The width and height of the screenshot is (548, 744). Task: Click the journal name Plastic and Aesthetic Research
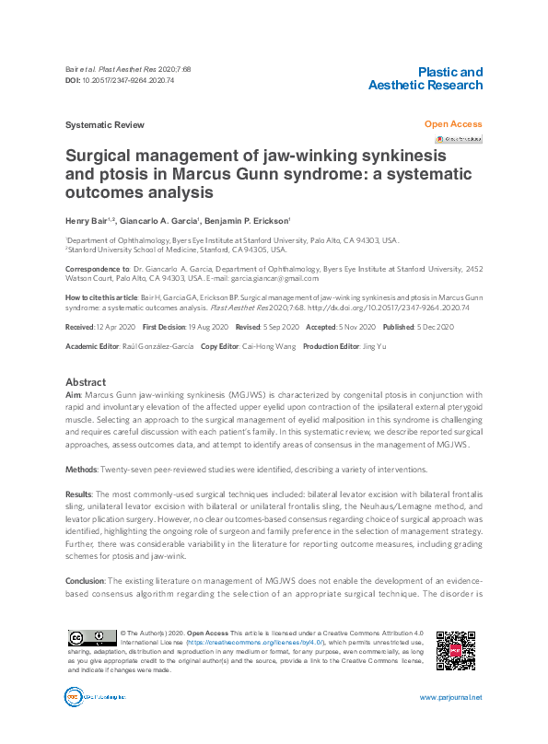pos(425,78)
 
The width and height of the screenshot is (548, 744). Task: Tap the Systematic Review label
pos(104,125)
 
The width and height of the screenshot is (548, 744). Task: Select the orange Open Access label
pos(452,124)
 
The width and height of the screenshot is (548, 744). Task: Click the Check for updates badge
pos(459,139)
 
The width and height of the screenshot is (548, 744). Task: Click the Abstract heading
pos(86,382)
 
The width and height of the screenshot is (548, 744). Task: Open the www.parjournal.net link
pos(449,698)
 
